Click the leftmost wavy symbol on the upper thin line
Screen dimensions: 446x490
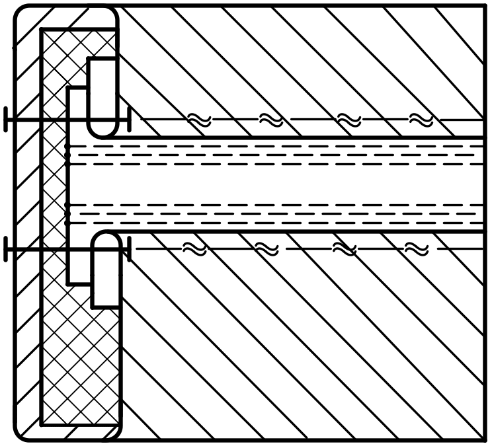coord(199,120)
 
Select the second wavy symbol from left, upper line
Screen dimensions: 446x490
coord(270,120)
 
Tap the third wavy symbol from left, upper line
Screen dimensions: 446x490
coord(349,120)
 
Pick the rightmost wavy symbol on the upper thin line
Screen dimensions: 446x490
coord(421,120)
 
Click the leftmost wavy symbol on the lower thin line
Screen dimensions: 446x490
coord(194,249)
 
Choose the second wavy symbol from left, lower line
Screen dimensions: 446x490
coord(266,249)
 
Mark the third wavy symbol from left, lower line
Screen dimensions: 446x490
coord(344,249)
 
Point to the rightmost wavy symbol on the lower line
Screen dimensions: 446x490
coord(417,249)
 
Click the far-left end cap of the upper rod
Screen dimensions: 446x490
coord(5,120)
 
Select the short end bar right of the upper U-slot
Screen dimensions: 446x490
coord(130,120)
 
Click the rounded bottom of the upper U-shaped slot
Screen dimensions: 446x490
coord(103,129)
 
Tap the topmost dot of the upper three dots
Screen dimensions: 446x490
coord(68,146)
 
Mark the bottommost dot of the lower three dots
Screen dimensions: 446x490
coord(68,223)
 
